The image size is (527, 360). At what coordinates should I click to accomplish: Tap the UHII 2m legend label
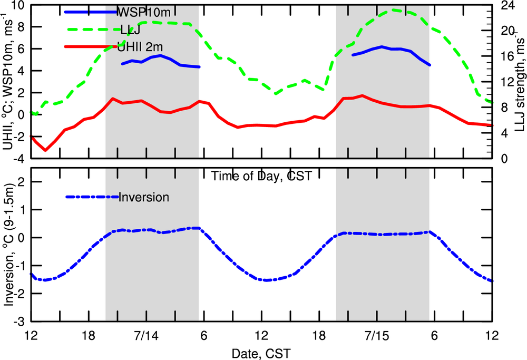click(143, 47)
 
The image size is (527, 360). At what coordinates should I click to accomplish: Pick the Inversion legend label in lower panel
click(144, 198)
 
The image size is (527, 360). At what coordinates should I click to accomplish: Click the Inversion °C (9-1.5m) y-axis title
click(9, 245)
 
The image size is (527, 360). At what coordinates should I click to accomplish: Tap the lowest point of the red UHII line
click(46, 150)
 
